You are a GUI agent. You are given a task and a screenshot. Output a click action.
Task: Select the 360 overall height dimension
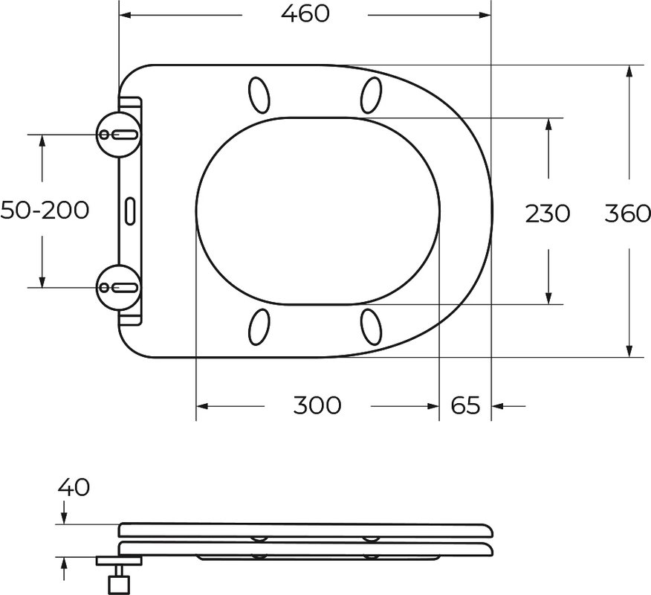[x=627, y=214]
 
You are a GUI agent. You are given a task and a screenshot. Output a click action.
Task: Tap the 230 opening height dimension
[x=548, y=214]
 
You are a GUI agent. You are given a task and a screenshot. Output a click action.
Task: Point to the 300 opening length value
[x=317, y=405]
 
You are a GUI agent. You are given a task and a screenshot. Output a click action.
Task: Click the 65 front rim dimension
[x=465, y=405]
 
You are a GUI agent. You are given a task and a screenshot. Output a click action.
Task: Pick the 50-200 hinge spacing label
[x=45, y=210]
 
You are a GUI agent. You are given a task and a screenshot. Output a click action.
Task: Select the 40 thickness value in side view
[x=74, y=487]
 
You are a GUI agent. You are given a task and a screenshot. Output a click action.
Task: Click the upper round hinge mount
[x=118, y=134]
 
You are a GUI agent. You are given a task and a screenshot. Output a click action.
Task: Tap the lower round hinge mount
[x=118, y=287]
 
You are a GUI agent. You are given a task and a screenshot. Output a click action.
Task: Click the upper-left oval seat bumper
[x=259, y=95]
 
